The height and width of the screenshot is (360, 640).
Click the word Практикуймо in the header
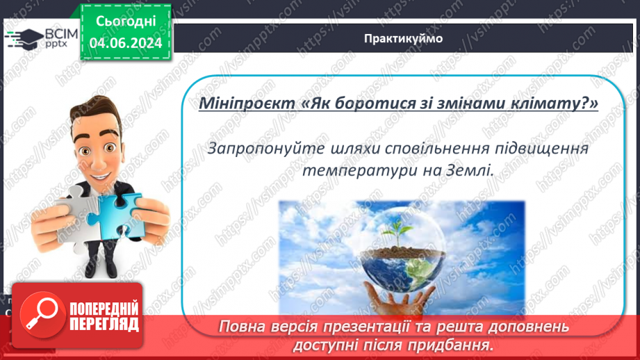coord(403,38)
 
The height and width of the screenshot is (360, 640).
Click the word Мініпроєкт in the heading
coord(247,104)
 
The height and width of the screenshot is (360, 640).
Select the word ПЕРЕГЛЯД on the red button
coord(104,325)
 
